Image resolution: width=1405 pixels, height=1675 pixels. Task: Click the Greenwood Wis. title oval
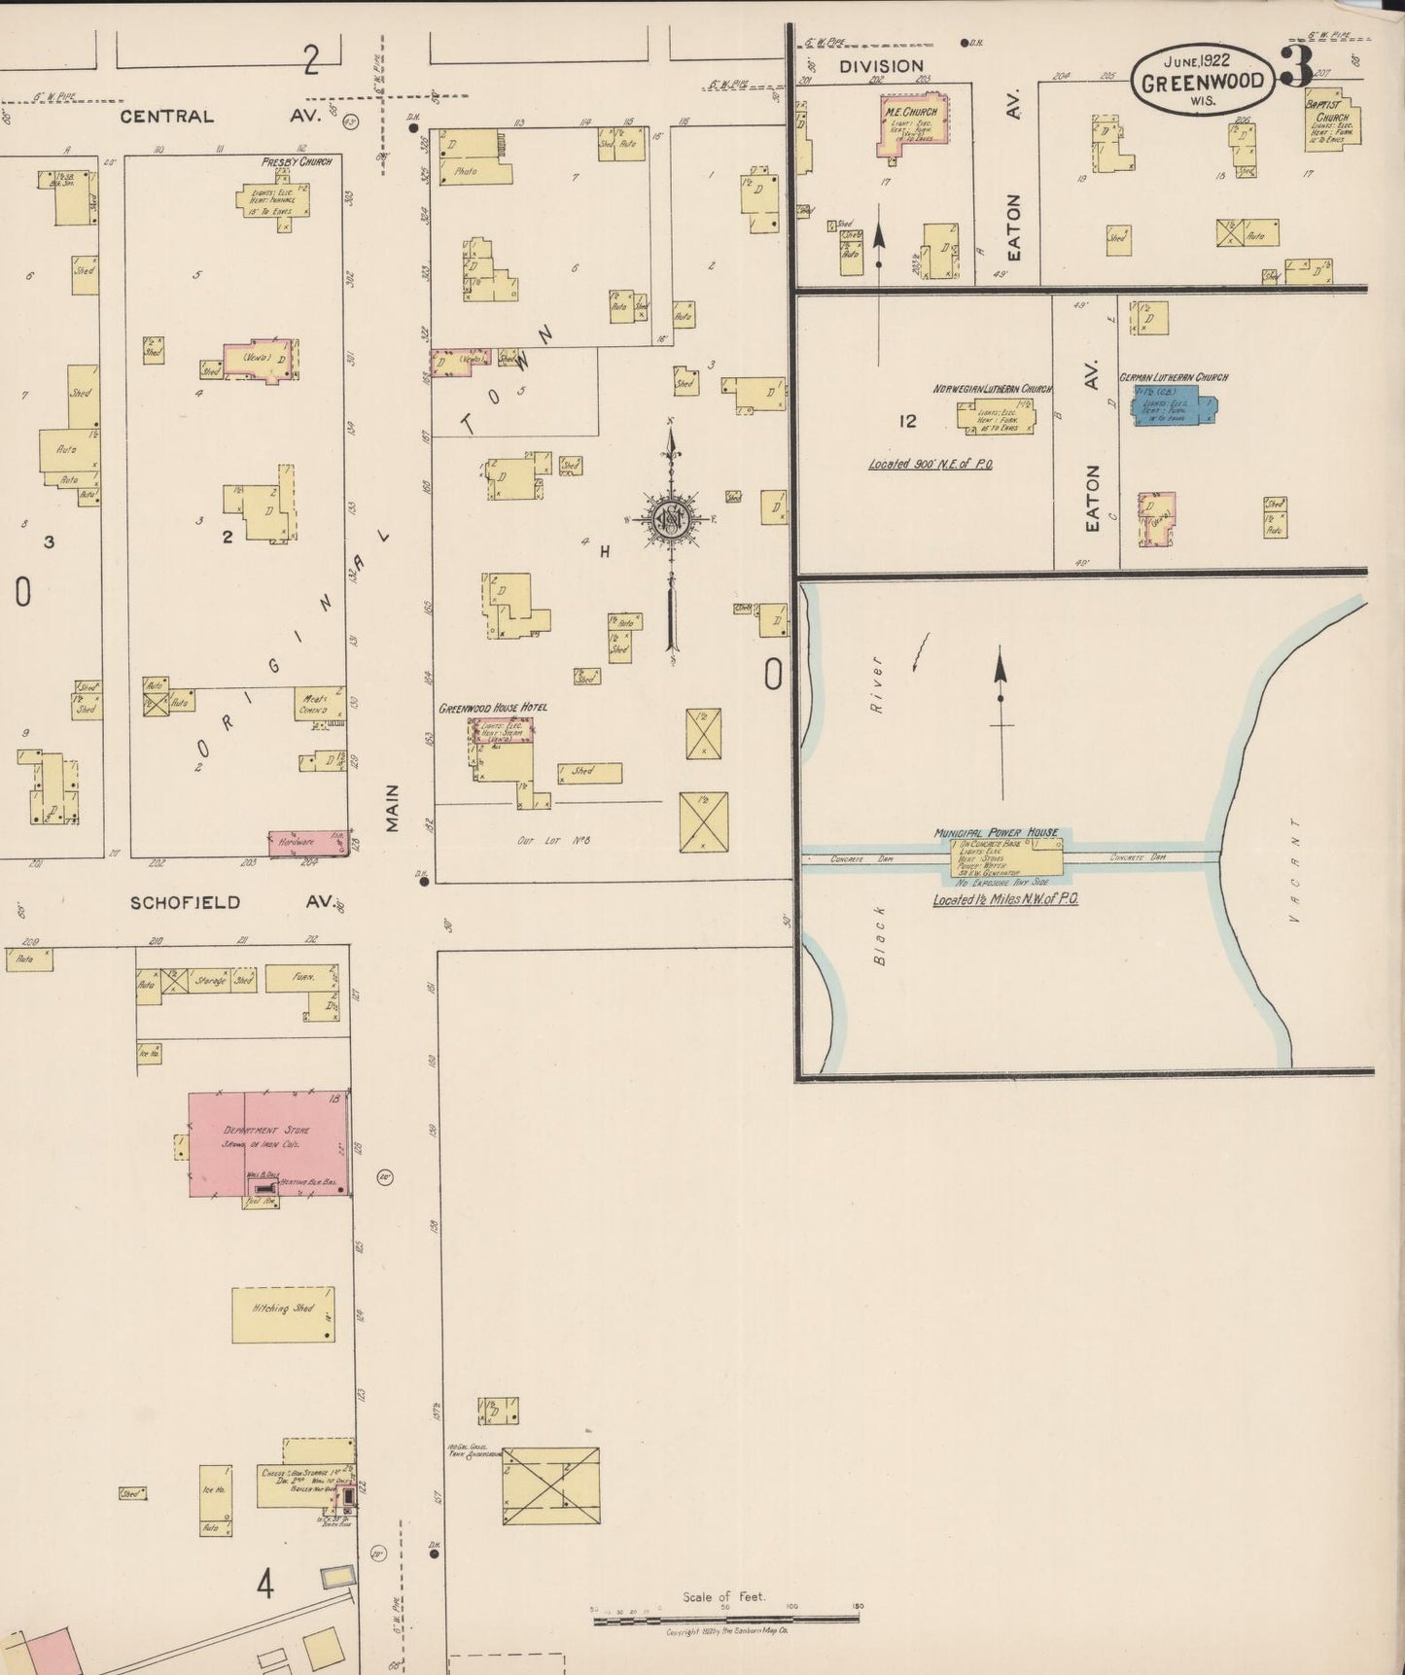[x=1202, y=81]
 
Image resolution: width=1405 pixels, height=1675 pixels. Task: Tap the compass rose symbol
[x=670, y=518]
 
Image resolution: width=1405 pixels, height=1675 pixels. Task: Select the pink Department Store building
[x=268, y=1142]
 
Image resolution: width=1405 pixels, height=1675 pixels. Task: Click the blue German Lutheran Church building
[x=1173, y=407]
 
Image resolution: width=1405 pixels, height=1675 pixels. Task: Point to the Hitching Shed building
[x=283, y=1314]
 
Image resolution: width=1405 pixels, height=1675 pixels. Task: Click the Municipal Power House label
[x=996, y=833]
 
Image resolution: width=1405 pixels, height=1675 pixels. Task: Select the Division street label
[x=881, y=66]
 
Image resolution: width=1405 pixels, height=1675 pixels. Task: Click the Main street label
[x=393, y=808]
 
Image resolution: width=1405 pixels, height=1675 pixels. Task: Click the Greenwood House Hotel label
[x=492, y=708]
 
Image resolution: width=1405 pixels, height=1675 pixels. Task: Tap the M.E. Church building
[x=912, y=124]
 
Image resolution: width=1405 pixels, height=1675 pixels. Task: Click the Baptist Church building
[x=1332, y=124]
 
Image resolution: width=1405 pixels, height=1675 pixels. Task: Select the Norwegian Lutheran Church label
[x=992, y=389]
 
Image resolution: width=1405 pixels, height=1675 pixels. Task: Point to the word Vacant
[x=1293, y=870]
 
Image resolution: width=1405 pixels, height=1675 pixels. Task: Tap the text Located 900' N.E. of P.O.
[x=931, y=464]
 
